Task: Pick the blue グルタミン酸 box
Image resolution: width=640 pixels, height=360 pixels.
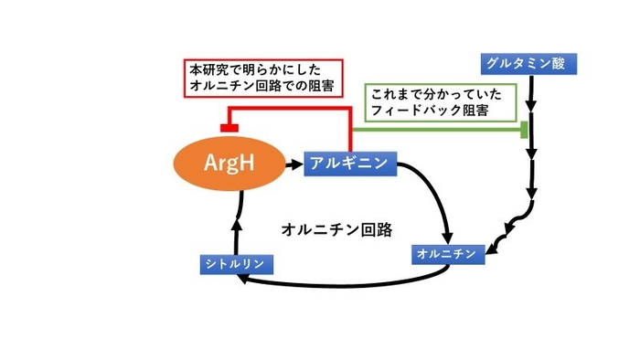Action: click(x=519, y=63)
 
